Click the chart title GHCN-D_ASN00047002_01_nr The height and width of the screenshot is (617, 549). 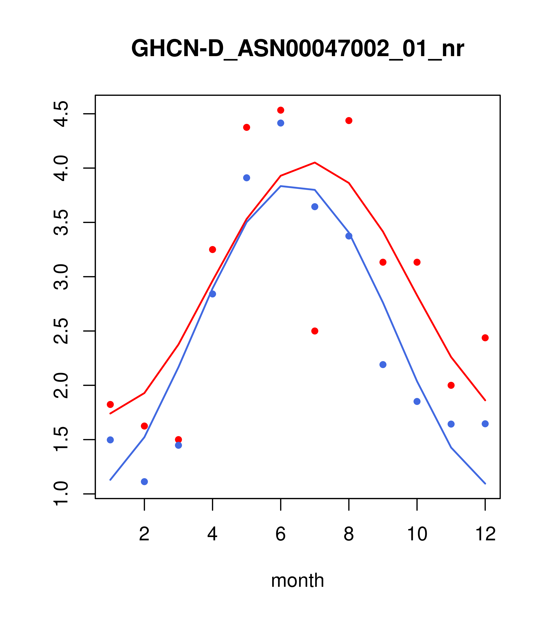297,49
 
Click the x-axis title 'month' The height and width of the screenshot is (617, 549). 297,580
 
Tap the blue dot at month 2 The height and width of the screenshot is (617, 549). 145,482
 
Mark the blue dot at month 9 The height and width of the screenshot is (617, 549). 383,365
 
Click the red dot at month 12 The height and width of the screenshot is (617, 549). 485,338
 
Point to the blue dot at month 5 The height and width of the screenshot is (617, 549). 247,178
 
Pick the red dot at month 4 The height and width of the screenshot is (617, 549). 212,249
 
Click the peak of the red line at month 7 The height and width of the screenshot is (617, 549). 315,163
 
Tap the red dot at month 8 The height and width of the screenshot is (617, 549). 349,120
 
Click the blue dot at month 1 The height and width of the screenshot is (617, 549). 110,440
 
